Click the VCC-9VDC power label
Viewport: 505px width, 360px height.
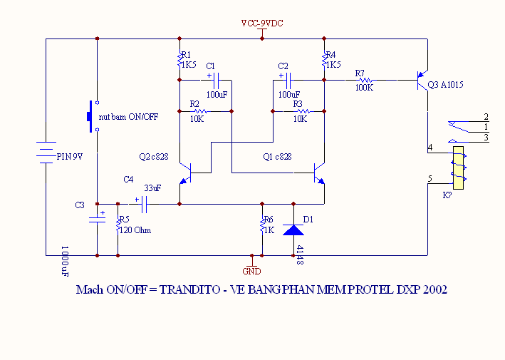pyautogui.click(x=261, y=24)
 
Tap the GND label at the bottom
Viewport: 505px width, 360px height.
pyautogui.click(x=251, y=271)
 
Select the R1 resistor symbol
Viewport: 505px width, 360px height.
pyautogui.click(x=179, y=61)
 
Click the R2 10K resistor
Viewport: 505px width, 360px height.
pyautogui.click(x=199, y=111)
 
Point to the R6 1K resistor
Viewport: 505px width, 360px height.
pyautogui.click(x=263, y=227)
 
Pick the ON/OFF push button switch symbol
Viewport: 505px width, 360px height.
pyautogui.click(x=91, y=115)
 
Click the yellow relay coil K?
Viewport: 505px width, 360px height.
pyautogui.click(x=458, y=168)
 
